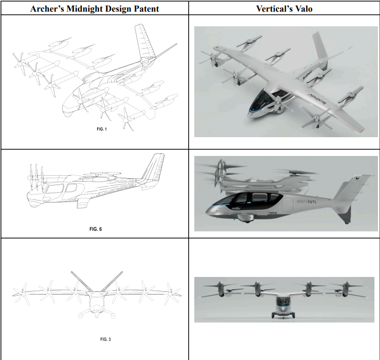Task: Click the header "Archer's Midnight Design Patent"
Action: coord(95,8)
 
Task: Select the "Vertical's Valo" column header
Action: coord(284,8)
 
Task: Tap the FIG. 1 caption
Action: coord(102,129)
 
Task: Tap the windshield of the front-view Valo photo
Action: coord(283,303)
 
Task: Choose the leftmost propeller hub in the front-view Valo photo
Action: coord(221,289)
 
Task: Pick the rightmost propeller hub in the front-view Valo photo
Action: coord(346,289)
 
